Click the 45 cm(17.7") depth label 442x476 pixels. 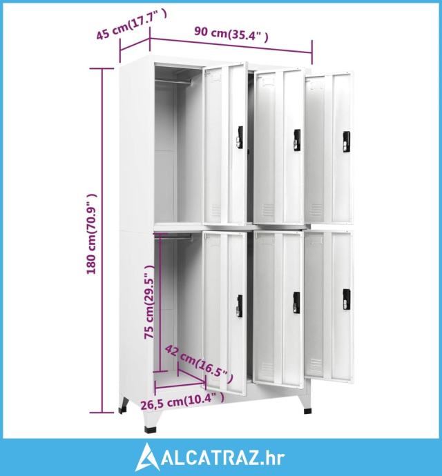(x=131, y=26)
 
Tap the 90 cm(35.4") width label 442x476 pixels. (x=231, y=34)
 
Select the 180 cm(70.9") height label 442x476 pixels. (x=92, y=234)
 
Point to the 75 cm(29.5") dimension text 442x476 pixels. (x=149, y=301)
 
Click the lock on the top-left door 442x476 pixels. (x=240, y=137)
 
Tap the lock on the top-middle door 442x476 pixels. (x=297, y=140)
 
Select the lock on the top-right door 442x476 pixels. (x=346, y=142)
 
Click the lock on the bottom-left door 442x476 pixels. (x=240, y=306)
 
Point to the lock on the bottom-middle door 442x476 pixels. (x=296, y=304)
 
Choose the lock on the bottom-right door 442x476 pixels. (x=347, y=299)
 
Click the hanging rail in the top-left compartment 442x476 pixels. (x=173, y=81)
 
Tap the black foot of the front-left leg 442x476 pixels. (x=151, y=430)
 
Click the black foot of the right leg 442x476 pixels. (x=307, y=411)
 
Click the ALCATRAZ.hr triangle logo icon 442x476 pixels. (x=148, y=457)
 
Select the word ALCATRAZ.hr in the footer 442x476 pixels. (x=223, y=458)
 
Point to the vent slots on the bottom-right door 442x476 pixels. (x=316, y=367)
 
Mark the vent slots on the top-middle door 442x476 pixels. (x=268, y=210)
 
